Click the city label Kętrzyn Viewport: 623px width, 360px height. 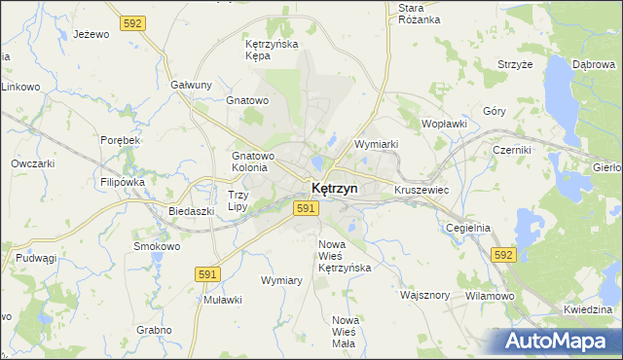pyautogui.click(x=334, y=188)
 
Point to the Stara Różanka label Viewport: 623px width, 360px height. pyautogui.click(x=420, y=14)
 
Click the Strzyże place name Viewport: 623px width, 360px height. pyautogui.click(x=515, y=64)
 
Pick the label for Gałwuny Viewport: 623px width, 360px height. pyautogui.click(x=191, y=85)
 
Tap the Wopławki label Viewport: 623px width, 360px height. pyautogui.click(x=445, y=125)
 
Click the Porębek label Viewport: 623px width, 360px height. pyautogui.click(x=121, y=140)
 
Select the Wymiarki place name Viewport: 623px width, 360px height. pyautogui.click(x=377, y=144)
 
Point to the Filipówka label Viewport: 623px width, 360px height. pyautogui.click(x=122, y=182)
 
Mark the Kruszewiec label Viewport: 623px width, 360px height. pyautogui.click(x=421, y=190)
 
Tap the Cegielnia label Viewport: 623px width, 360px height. pyautogui.click(x=467, y=228)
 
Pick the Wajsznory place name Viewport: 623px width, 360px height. pyautogui.click(x=424, y=294)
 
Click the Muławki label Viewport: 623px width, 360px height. pyautogui.click(x=222, y=300)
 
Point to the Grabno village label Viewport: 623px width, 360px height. pyautogui.click(x=154, y=330)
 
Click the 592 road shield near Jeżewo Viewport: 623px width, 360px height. pyautogui.click(x=134, y=21)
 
